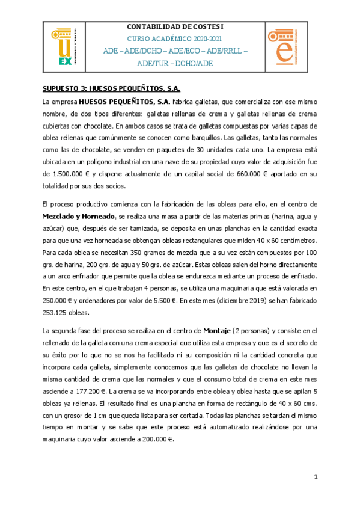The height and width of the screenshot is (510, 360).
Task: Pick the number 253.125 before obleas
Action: tap(57, 313)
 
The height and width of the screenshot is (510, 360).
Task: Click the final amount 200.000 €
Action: tap(154, 439)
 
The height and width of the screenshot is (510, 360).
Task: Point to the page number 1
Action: tap(315, 477)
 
